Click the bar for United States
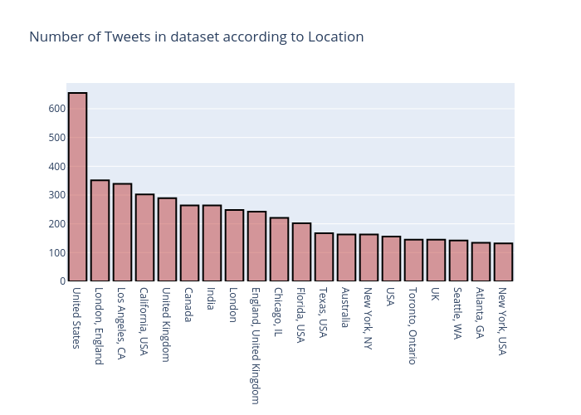tap(77, 188)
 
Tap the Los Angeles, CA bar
tap(122, 232)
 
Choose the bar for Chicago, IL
tap(279, 250)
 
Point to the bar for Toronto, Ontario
tap(413, 261)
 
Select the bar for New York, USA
tap(503, 262)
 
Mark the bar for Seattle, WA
tap(458, 261)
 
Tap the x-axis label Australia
tap(346, 310)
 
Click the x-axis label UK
tap(436, 295)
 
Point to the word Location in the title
tap(333, 37)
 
